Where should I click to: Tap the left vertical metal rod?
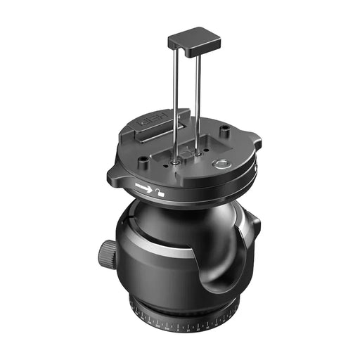(x=171, y=98)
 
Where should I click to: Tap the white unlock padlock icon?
(x=162, y=191)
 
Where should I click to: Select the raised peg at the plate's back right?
(x=224, y=131)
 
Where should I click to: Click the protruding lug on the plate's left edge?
(x=113, y=173)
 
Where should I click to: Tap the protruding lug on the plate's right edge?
(x=257, y=143)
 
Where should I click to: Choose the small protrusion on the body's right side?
(x=257, y=227)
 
